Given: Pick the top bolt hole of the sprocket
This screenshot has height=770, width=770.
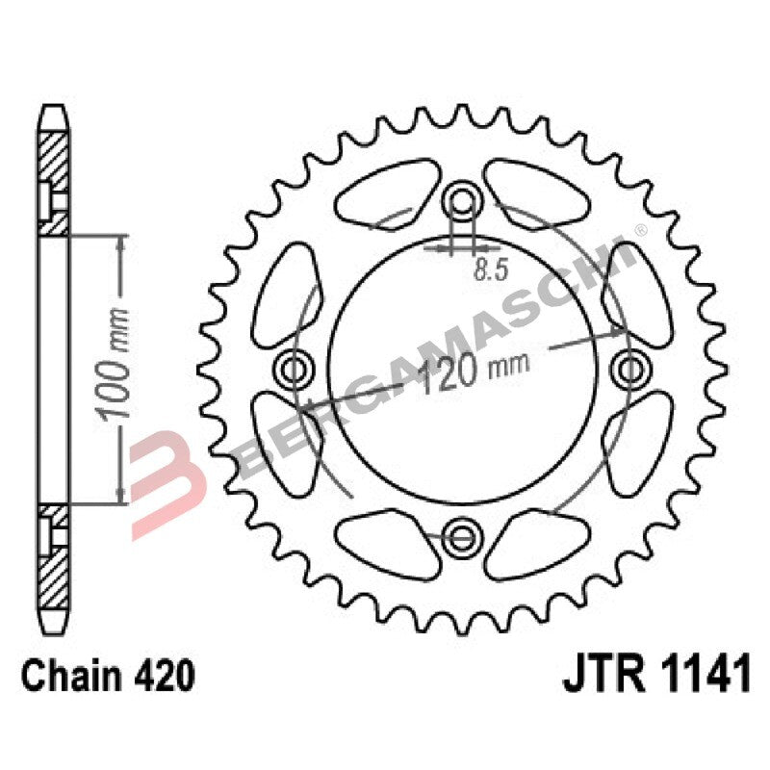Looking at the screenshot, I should click(x=463, y=200).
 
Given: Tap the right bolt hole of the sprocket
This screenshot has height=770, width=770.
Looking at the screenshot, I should click(x=629, y=367).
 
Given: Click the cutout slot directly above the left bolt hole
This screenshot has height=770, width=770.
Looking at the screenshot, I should click(x=286, y=288).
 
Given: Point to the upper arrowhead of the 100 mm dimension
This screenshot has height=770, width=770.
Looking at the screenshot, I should click(x=119, y=240).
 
